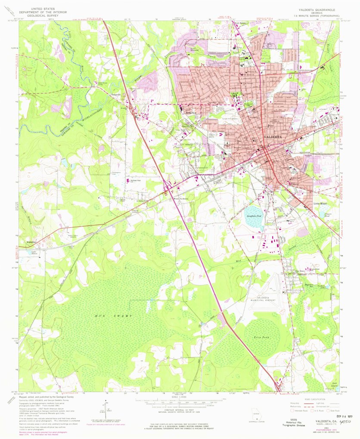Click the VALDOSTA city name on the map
pos(273,137)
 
